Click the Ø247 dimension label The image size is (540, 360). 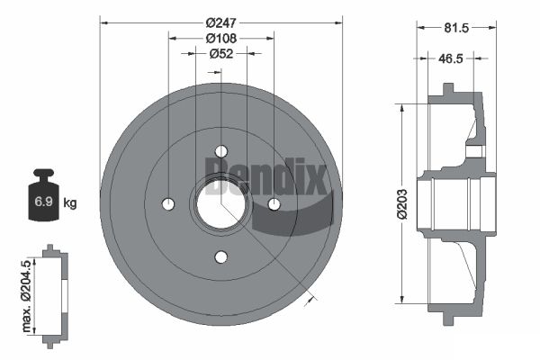click(221, 22)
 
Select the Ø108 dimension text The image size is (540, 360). click(221, 38)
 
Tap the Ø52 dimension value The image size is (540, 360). click(221, 54)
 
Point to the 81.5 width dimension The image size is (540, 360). click(456, 28)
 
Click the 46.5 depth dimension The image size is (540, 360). click(451, 58)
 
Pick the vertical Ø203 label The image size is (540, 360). click(402, 204)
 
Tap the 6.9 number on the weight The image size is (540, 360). click(43, 202)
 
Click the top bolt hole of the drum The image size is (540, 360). click(221, 151)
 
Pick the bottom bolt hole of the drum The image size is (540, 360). click(221, 257)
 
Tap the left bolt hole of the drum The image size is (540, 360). click(168, 204)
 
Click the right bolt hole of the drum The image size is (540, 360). click(274, 204)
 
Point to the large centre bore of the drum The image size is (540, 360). click(221, 204)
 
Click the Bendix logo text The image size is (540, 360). click(265, 176)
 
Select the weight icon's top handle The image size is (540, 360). click(44, 172)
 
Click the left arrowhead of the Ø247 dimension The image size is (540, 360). click(104, 23)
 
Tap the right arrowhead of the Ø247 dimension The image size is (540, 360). click(338, 23)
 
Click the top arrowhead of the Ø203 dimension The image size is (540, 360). click(402, 107)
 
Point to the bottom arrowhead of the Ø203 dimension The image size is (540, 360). click(402, 300)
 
